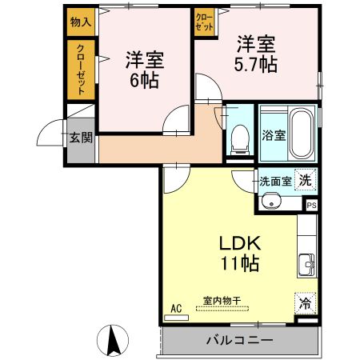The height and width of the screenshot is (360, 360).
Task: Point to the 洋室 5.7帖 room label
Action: tap(257, 53)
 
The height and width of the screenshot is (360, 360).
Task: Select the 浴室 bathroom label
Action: tap(274, 134)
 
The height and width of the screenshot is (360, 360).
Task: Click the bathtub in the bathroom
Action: tap(301, 133)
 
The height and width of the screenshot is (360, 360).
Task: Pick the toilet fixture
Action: tap(238, 141)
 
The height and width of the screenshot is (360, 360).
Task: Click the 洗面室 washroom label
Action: tap(274, 181)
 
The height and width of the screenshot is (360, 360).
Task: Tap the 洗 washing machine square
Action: tap(305, 181)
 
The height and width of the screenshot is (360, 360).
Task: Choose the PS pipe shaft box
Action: tap(311, 205)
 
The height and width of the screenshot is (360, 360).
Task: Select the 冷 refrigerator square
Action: tap(305, 303)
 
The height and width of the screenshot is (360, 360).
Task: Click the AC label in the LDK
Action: tap(177, 307)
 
